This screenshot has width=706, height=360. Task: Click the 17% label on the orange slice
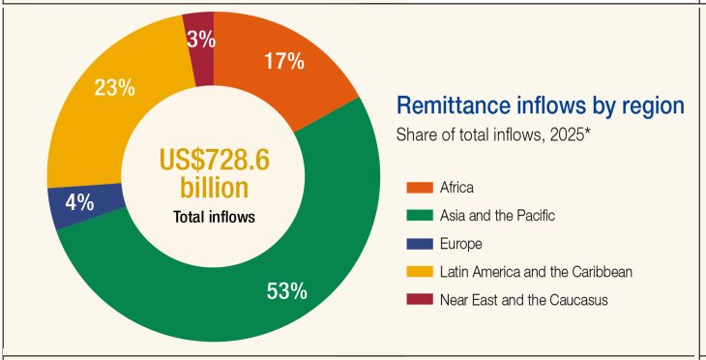[x=284, y=61]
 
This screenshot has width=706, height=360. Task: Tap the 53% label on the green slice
[x=287, y=291]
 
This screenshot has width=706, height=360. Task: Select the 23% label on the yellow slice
[x=114, y=87]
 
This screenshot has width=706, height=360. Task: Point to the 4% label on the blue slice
[x=79, y=203]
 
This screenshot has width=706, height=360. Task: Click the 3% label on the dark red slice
[x=201, y=40]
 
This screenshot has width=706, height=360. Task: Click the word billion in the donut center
[x=214, y=188]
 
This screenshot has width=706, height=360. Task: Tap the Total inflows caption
[x=214, y=217]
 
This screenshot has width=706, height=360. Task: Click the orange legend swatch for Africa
[x=420, y=188]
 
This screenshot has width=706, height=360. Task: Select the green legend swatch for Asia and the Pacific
[x=420, y=216]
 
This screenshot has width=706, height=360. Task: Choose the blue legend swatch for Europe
[x=420, y=244]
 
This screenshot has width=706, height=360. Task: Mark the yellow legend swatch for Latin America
[x=420, y=272]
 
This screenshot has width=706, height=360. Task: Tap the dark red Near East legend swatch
[x=420, y=300]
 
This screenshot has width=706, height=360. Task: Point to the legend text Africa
[x=457, y=188]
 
